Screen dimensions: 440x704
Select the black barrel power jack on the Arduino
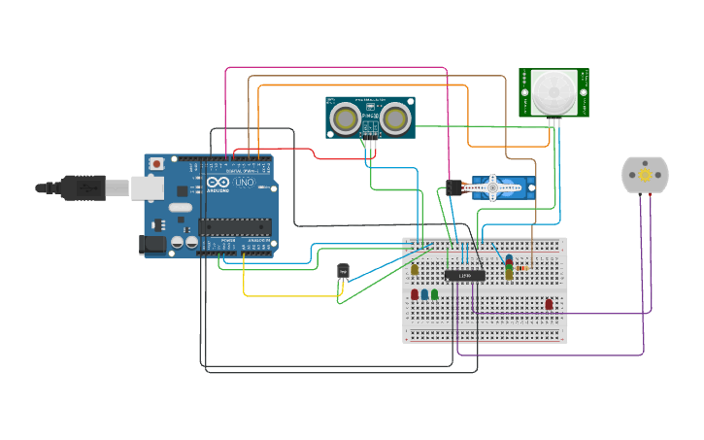coord(152,245)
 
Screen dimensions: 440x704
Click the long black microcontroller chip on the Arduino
coord(234,226)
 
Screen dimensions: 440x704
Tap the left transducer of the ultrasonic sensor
coord(344,118)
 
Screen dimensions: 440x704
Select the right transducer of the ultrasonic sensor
coord(394,118)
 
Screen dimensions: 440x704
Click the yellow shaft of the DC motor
coord(645,174)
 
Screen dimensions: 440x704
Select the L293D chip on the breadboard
coord(465,276)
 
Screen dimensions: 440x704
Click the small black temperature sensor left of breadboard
coord(343,271)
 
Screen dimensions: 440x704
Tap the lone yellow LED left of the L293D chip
coord(415,270)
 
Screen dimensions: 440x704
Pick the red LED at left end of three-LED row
coord(415,293)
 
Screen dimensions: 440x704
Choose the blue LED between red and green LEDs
coord(424,293)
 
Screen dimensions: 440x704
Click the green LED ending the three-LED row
coord(434,293)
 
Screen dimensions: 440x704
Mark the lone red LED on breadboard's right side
coord(549,304)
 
